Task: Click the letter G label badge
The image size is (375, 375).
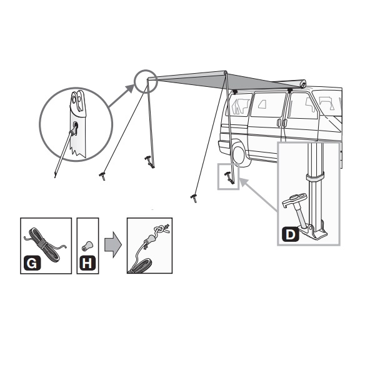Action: click(32, 263)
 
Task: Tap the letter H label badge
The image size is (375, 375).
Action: click(87, 263)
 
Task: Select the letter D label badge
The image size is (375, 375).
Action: click(290, 234)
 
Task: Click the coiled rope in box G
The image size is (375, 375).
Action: click(46, 244)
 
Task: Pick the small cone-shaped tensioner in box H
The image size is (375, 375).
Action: click(87, 246)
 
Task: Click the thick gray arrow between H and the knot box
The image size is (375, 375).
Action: click(113, 244)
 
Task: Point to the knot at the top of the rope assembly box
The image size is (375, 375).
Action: click(161, 230)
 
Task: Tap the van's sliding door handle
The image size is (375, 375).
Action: click(279, 122)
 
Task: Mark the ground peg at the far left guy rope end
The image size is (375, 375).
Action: click(102, 176)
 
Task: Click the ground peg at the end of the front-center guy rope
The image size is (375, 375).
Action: click(194, 198)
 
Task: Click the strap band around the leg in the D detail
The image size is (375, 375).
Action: click(315, 177)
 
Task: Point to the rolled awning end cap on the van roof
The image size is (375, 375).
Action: click(302, 84)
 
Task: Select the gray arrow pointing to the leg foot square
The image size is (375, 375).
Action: click(258, 194)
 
